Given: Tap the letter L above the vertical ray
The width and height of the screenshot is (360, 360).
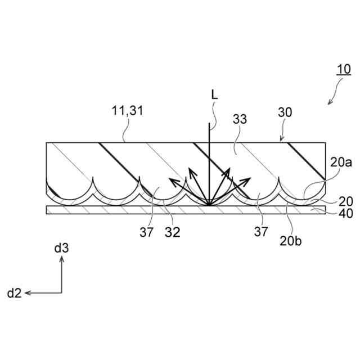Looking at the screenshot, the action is pos(214,96).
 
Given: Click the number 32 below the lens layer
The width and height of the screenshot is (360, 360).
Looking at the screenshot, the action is pos(173,232).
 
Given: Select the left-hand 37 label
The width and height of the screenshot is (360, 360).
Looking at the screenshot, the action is pos(147,232).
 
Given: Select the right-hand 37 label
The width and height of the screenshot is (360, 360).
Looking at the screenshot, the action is pos(260,231).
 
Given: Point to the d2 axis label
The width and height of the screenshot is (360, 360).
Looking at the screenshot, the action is pos(14,293).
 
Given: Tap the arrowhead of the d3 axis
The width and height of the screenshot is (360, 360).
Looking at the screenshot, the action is pos(62,258).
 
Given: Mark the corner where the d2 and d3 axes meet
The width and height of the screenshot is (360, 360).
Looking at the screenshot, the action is pos(62,292).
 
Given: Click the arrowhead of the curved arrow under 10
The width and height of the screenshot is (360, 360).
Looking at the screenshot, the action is pos(330,103).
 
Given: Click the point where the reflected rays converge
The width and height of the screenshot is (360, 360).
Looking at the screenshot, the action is pos(209,205).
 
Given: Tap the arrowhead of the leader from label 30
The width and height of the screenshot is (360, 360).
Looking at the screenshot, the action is pos(281,141).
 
